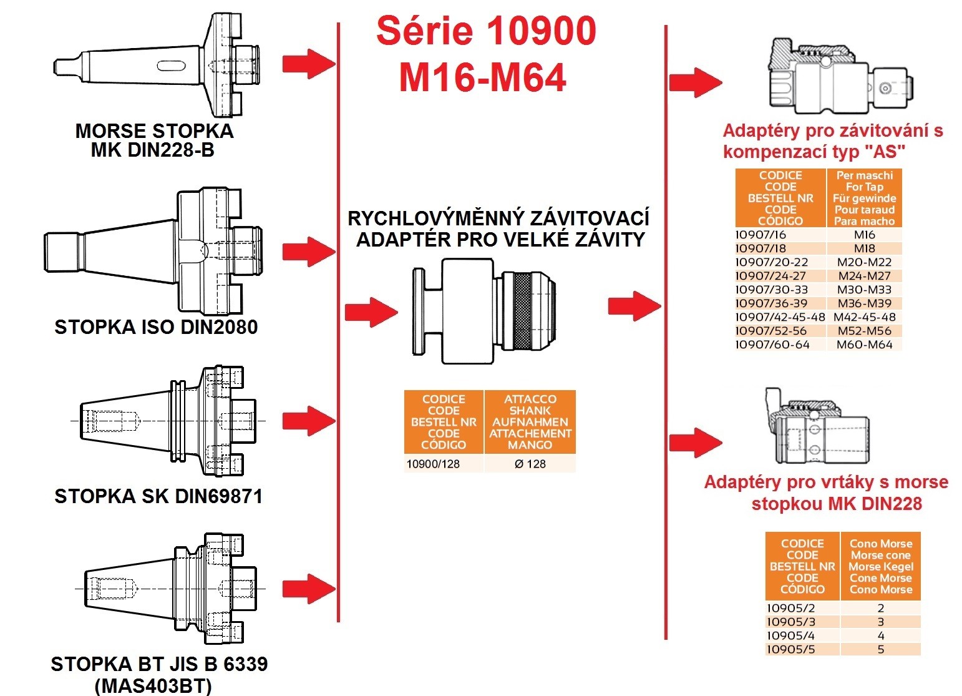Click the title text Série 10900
486,32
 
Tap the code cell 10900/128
433,464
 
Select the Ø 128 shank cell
530,464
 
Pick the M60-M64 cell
864,345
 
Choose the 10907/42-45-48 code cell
780,317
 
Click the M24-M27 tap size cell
864,276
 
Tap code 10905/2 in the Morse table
790,608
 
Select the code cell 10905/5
790,649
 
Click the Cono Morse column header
880,566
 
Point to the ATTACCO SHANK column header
530,422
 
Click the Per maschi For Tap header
864,198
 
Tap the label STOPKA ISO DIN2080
156,328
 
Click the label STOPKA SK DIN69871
158,497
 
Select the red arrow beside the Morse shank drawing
309,64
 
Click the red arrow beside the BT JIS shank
309,588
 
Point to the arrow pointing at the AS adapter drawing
695,82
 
